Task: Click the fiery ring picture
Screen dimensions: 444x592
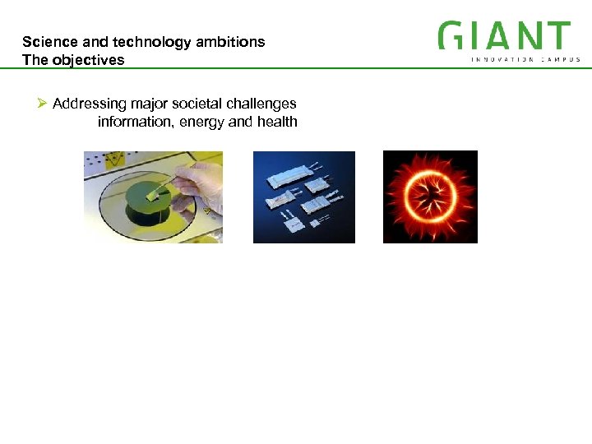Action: (430, 197)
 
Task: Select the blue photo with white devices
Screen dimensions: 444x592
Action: (303, 197)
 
